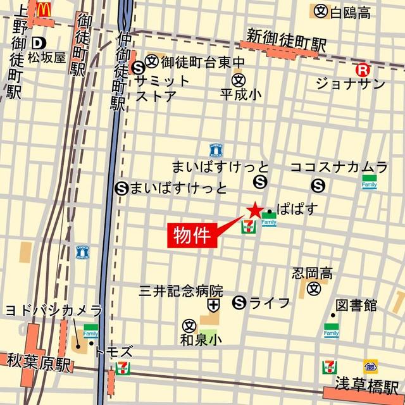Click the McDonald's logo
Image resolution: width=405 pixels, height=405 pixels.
(x=44, y=9)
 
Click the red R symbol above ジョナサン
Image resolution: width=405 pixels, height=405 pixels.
(x=363, y=70)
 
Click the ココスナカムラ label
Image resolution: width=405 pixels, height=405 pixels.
(x=339, y=167)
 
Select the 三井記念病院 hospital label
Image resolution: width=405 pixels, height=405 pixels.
(x=182, y=291)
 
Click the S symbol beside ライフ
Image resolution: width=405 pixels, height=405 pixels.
(x=239, y=302)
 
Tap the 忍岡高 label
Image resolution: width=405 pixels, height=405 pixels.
(x=312, y=273)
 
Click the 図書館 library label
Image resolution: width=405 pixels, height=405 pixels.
(x=356, y=306)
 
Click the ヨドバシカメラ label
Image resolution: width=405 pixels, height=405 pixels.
(x=53, y=310)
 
